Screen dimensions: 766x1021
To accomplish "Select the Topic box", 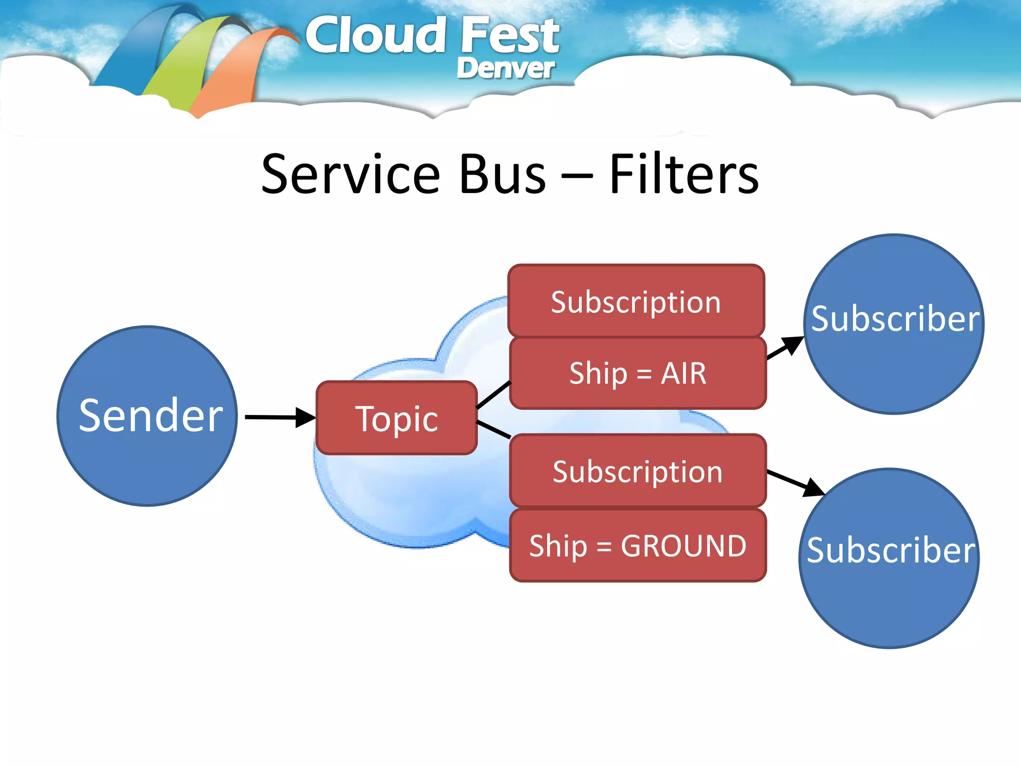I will (397, 418).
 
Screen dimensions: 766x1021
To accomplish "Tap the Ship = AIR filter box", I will (638, 373).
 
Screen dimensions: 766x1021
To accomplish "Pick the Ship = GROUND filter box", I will (638, 546).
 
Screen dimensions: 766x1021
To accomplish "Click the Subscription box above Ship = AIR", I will (636, 301).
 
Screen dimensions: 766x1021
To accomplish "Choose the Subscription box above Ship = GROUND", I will (638, 471).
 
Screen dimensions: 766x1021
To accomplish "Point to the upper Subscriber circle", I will (894, 324).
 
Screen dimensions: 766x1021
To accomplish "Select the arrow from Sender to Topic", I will (279, 417).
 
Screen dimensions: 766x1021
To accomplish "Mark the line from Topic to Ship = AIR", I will (494, 395).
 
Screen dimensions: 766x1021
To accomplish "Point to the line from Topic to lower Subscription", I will (494, 429).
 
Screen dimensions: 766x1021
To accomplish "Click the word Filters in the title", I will (683, 174).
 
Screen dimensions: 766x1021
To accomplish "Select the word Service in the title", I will (350, 174).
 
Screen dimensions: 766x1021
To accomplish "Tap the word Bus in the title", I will (503, 174).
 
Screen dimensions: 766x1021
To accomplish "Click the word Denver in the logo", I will (505, 68).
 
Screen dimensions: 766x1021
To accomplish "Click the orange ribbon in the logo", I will (234, 75).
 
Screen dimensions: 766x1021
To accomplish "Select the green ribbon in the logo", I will (184, 65).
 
